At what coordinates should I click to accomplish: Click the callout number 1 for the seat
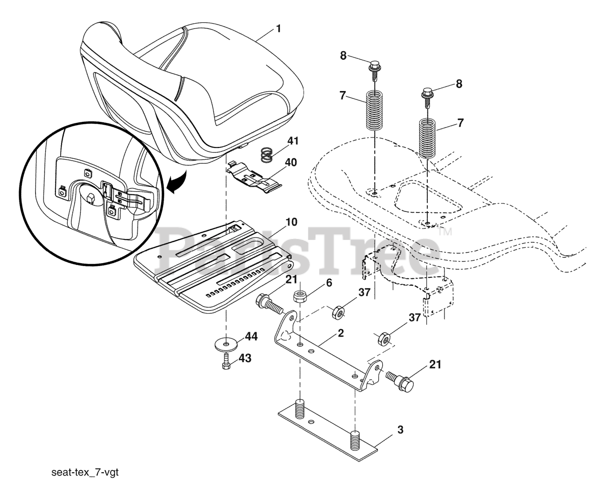278,28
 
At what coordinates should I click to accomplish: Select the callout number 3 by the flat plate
400,430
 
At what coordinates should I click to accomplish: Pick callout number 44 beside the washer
251,337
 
